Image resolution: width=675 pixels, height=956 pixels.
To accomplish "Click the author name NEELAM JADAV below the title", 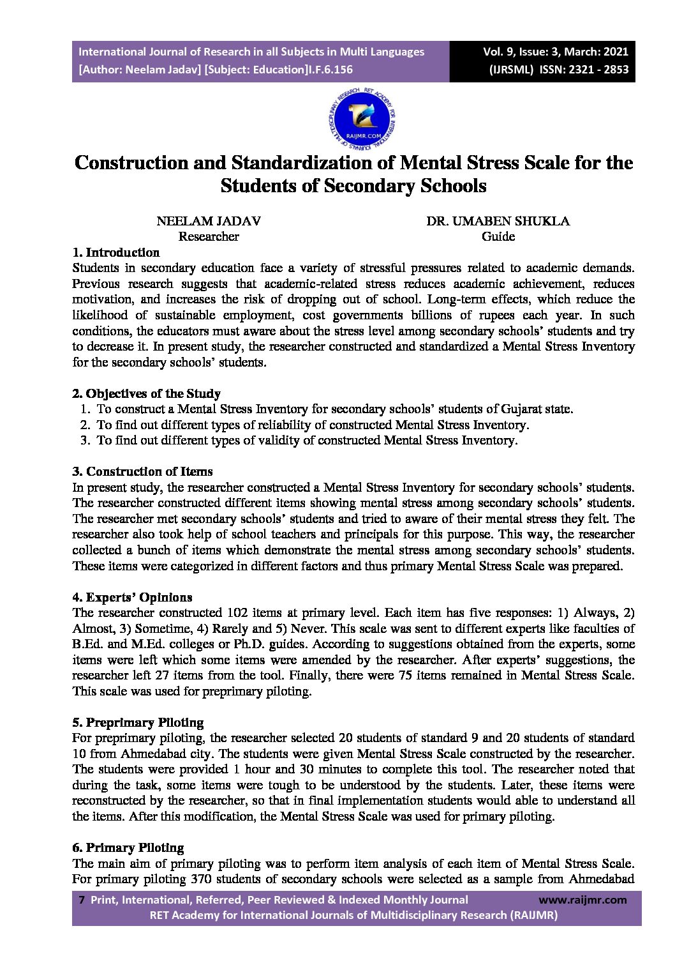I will point(208,221).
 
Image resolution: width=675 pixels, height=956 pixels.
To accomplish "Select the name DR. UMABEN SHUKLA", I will point(498,221).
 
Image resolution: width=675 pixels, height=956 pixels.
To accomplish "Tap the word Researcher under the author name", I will point(208,236).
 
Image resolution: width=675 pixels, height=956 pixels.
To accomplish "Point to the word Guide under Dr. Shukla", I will point(498,236).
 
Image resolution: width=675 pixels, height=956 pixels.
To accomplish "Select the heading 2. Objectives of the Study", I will point(146,393).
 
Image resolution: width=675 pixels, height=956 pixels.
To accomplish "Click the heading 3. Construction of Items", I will point(142,471).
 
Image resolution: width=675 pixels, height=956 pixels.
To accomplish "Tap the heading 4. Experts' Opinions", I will point(132,597).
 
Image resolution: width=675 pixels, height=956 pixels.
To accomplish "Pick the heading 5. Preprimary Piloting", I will point(138,722).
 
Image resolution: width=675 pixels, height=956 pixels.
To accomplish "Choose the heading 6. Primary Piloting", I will point(128,847).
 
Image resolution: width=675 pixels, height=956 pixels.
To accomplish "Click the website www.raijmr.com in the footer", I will point(582,900).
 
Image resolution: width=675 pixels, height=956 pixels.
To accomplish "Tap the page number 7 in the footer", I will point(81,900).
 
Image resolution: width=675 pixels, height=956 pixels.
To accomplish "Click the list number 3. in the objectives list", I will point(85,440).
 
